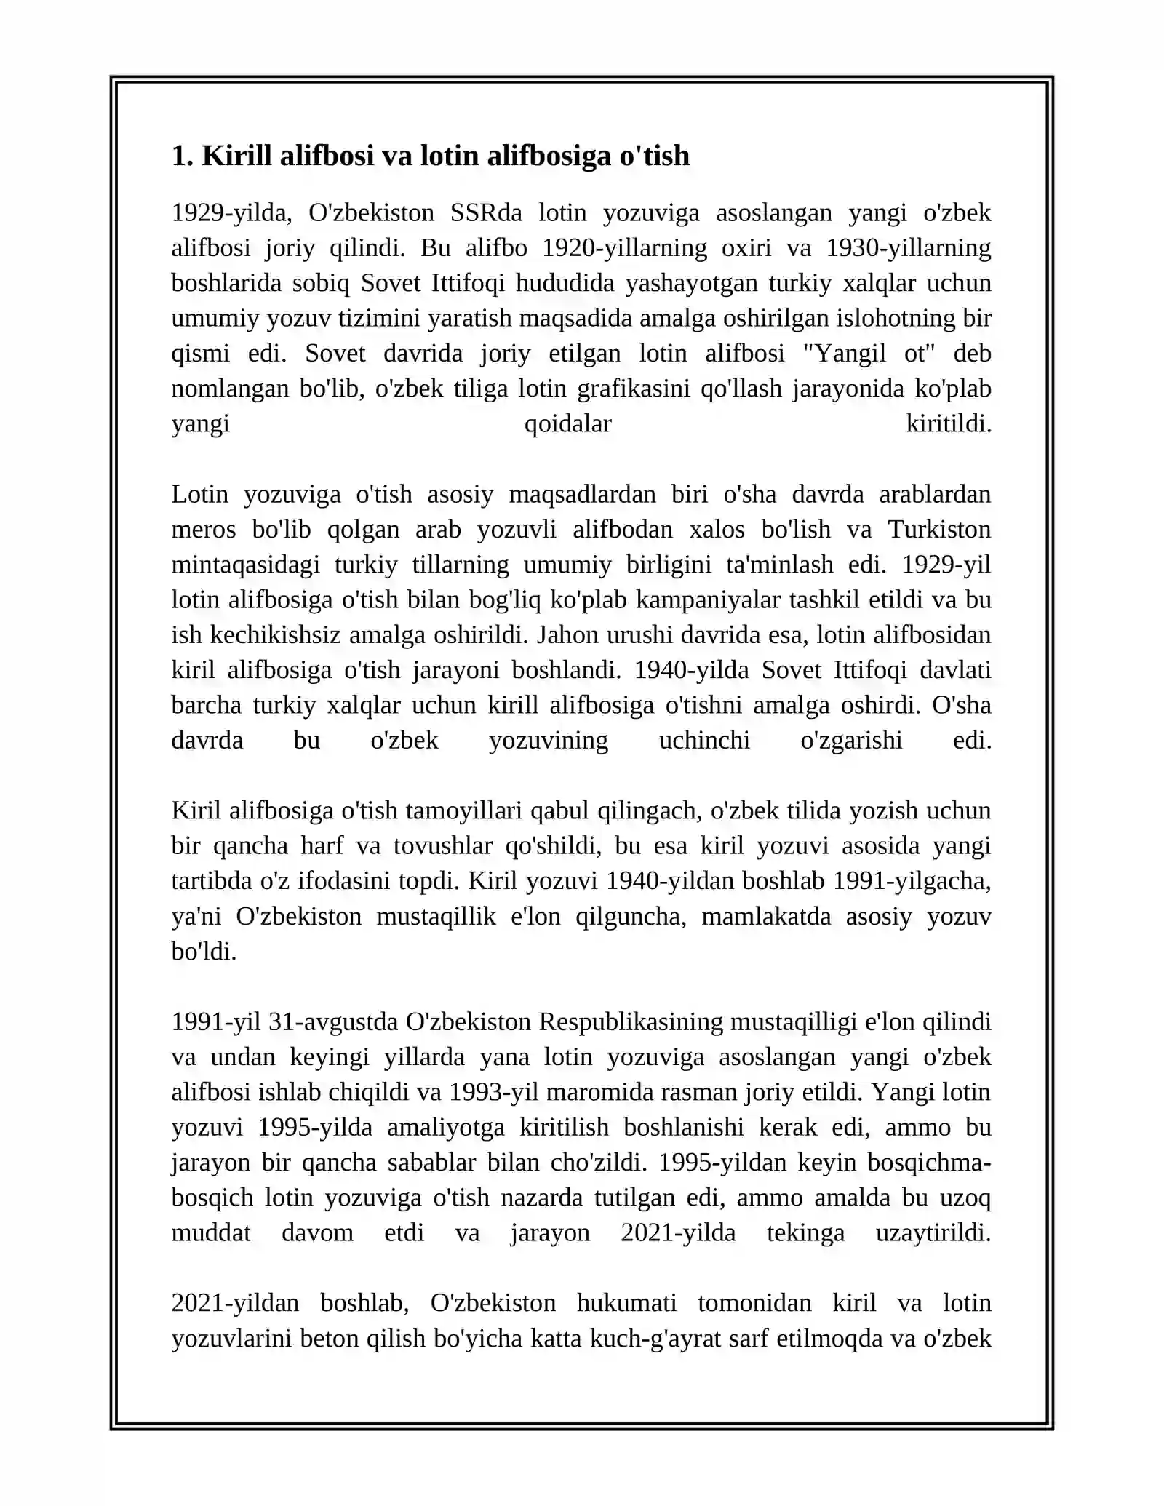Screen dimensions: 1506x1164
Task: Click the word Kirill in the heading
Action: coord(237,156)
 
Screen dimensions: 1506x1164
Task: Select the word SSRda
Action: coord(486,212)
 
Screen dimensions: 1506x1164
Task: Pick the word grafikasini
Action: coord(633,389)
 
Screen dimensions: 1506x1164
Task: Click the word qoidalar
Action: coord(567,423)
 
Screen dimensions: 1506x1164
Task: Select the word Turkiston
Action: coord(939,529)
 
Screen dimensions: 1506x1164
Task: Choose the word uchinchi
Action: coord(703,740)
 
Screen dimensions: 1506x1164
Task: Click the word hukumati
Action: coord(626,1303)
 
